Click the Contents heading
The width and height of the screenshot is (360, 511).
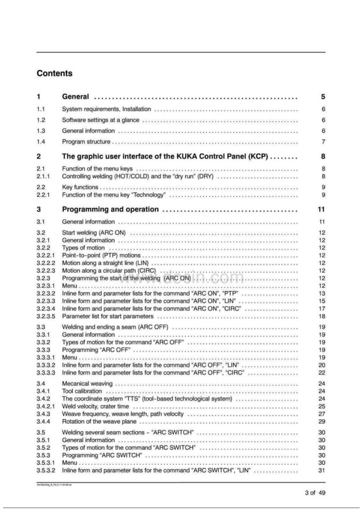point(55,74)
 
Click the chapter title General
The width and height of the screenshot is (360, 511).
point(76,97)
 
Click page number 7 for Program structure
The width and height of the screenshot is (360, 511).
point(323,142)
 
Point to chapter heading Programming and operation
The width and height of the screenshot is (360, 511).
point(110,210)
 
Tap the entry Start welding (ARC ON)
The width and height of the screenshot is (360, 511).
point(92,232)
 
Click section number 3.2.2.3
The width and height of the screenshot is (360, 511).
point(45,270)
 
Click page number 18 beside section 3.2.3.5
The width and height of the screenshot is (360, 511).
point(322,316)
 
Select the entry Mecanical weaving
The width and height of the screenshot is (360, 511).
point(86,384)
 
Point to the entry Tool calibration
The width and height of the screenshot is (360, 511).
point(82,391)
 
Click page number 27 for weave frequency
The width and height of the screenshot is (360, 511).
point(322,414)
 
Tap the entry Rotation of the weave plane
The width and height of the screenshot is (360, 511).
point(99,422)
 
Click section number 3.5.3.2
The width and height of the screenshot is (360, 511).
point(45,470)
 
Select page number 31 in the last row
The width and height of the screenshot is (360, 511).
point(322,470)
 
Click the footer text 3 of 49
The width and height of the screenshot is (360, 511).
point(314,493)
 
